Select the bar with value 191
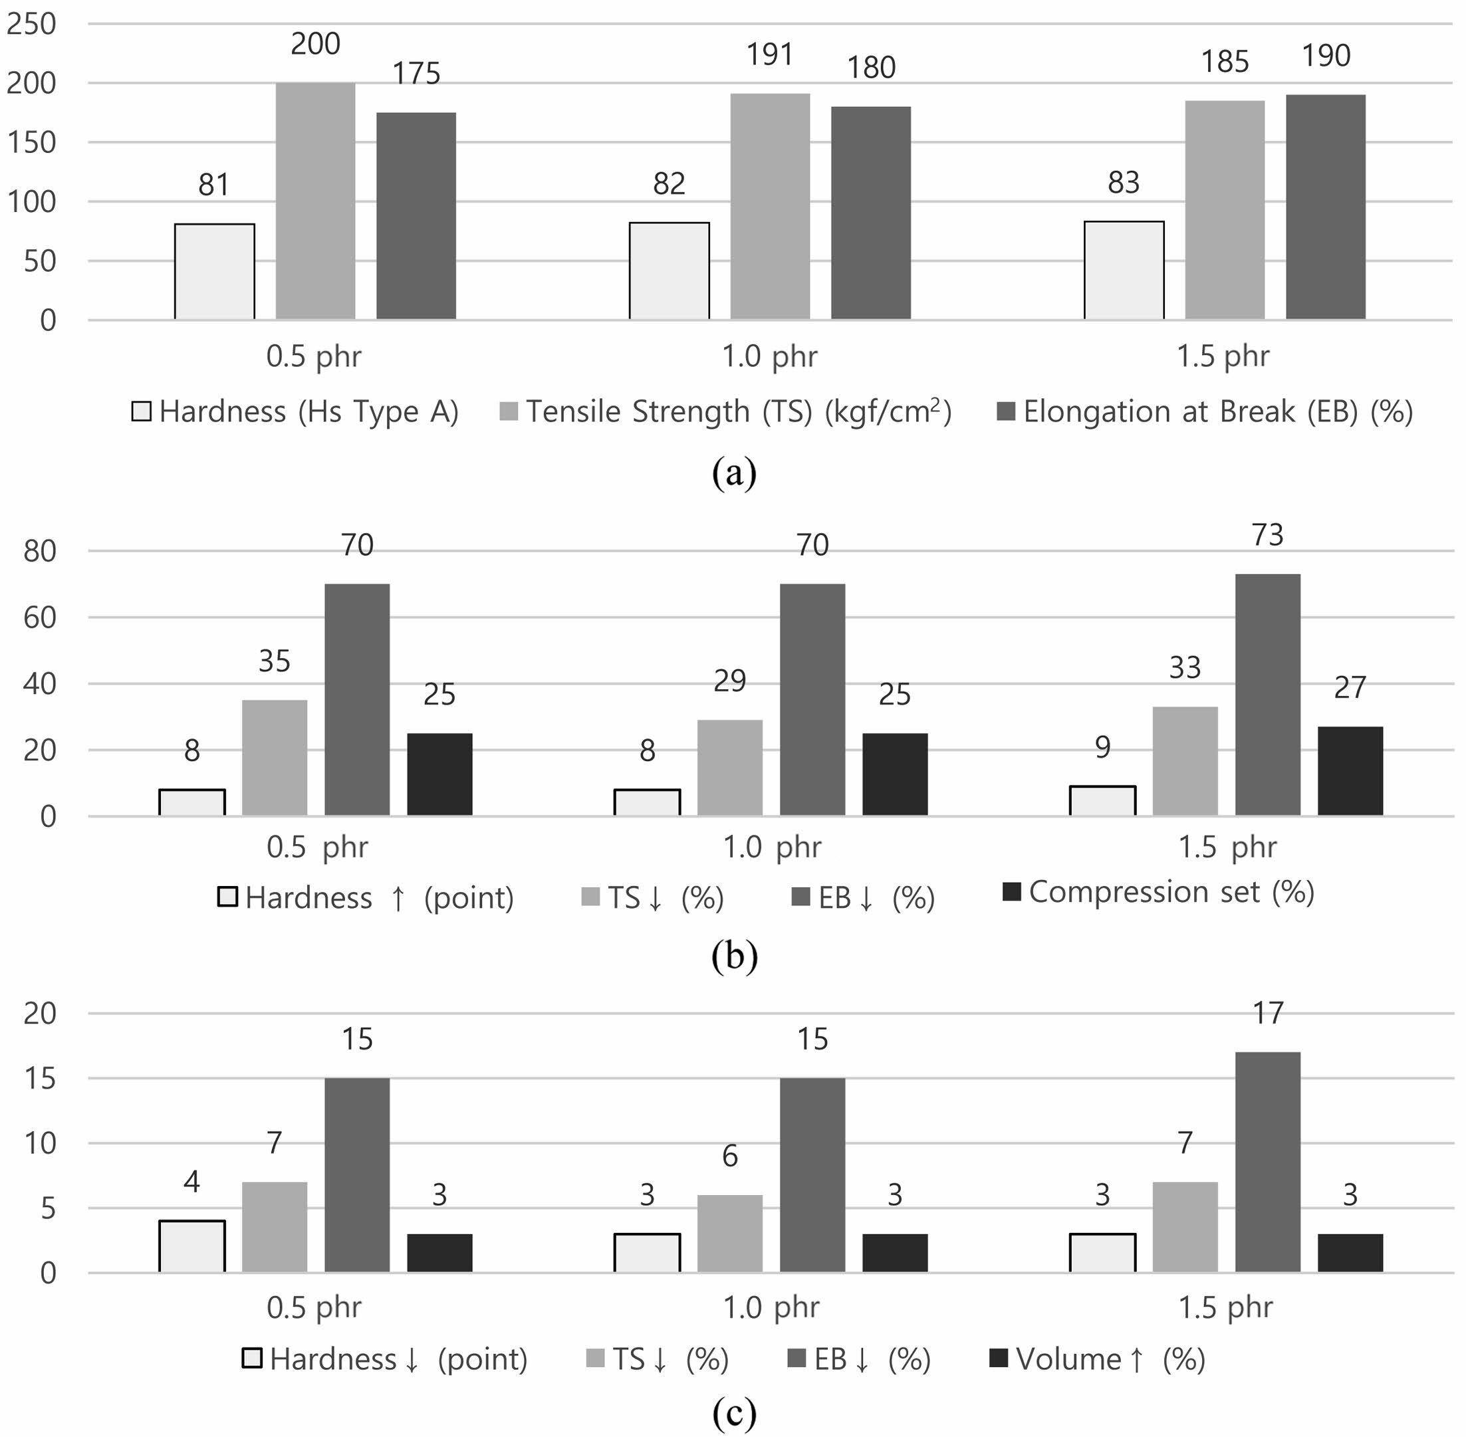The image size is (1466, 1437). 770,206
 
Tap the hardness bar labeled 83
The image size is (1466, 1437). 1124,271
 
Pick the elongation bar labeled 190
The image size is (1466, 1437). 1326,207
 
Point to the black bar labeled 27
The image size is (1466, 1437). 1350,770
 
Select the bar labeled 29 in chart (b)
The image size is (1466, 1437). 729,768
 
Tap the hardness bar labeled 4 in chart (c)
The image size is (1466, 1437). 191,1246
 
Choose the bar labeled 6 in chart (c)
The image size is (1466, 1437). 729,1233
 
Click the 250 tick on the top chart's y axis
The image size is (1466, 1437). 32,24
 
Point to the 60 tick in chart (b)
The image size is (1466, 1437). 39,617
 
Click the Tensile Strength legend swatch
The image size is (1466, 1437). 509,412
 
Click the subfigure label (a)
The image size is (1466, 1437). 734,473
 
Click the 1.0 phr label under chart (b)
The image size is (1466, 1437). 771,847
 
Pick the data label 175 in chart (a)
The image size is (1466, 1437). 417,73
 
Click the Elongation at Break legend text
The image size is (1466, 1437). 1217,412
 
